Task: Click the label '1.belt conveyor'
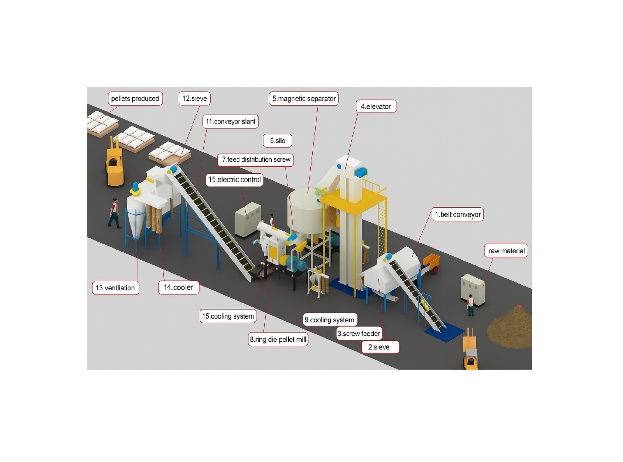point(458,214)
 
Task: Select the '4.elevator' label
point(376,106)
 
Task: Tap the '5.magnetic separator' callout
point(304,99)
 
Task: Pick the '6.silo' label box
point(278,141)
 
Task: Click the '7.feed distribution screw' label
point(256,160)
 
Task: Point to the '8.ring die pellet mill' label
point(278,339)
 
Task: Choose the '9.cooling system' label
point(330,320)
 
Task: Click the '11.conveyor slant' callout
point(231,122)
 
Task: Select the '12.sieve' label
point(194,99)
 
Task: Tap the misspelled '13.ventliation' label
point(115,288)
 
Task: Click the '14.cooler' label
point(178,287)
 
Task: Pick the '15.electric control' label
point(234,180)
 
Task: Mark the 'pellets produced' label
point(135,99)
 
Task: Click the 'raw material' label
point(506,251)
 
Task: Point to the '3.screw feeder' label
point(359,333)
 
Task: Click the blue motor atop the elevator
point(362,172)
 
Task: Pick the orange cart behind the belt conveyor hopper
point(431,262)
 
